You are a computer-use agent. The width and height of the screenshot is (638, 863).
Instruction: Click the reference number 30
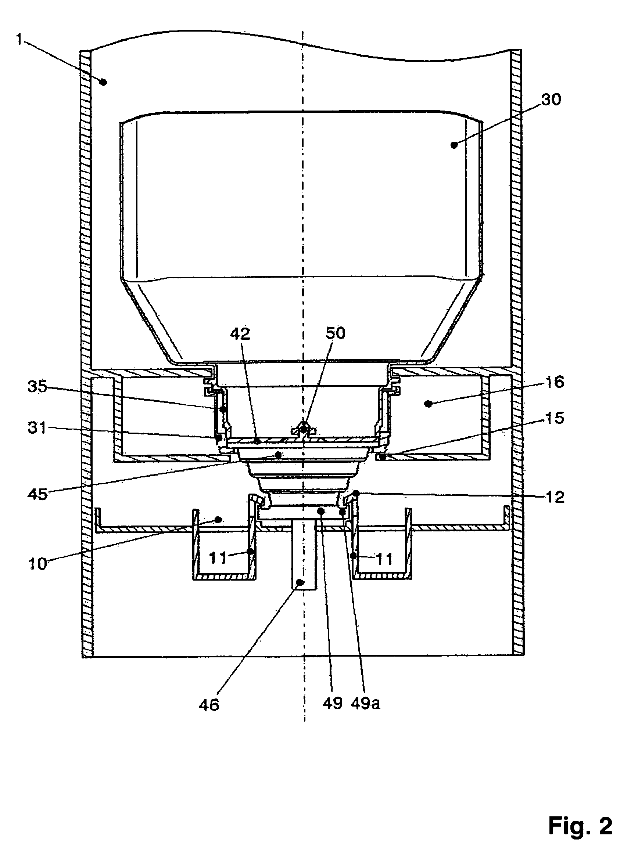tap(551, 100)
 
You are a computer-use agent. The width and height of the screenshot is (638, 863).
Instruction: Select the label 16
tap(555, 382)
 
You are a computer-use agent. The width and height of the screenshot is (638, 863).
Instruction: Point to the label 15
tap(554, 418)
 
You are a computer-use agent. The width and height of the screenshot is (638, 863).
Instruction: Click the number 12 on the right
tap(555, 497)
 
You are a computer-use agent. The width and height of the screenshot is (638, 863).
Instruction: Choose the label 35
tap(37, 386)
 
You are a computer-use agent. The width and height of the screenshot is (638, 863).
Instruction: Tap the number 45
tap(37, 494)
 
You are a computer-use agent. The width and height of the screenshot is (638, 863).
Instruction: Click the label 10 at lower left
tap(38, 564)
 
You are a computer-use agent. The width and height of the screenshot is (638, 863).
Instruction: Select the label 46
tap(209, 705)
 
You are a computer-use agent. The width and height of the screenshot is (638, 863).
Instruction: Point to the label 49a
tap(365, 703)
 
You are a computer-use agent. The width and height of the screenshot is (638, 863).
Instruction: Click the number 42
tap(240, 334)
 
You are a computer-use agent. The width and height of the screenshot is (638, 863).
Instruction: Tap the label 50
tap(335, 333)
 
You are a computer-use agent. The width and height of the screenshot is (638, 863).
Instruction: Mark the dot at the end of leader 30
tap(454, 145)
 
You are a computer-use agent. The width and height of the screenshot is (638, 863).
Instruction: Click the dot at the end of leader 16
tap(427, 404)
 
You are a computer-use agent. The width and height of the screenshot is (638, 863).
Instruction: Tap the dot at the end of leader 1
tap(103, 82)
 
